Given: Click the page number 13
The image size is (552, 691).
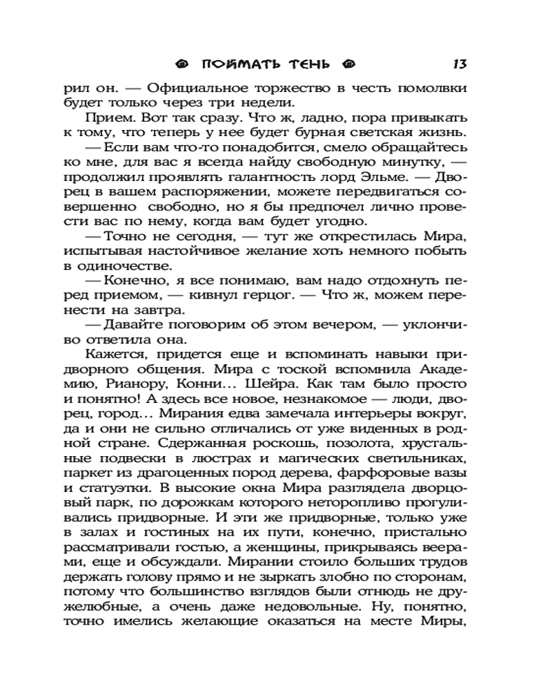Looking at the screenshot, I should click(460, 64).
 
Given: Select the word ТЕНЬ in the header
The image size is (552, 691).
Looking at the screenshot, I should click(310, 65).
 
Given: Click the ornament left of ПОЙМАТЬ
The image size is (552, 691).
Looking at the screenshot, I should click(182, 65).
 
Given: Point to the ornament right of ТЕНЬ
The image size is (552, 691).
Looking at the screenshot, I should click(348, 65).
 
